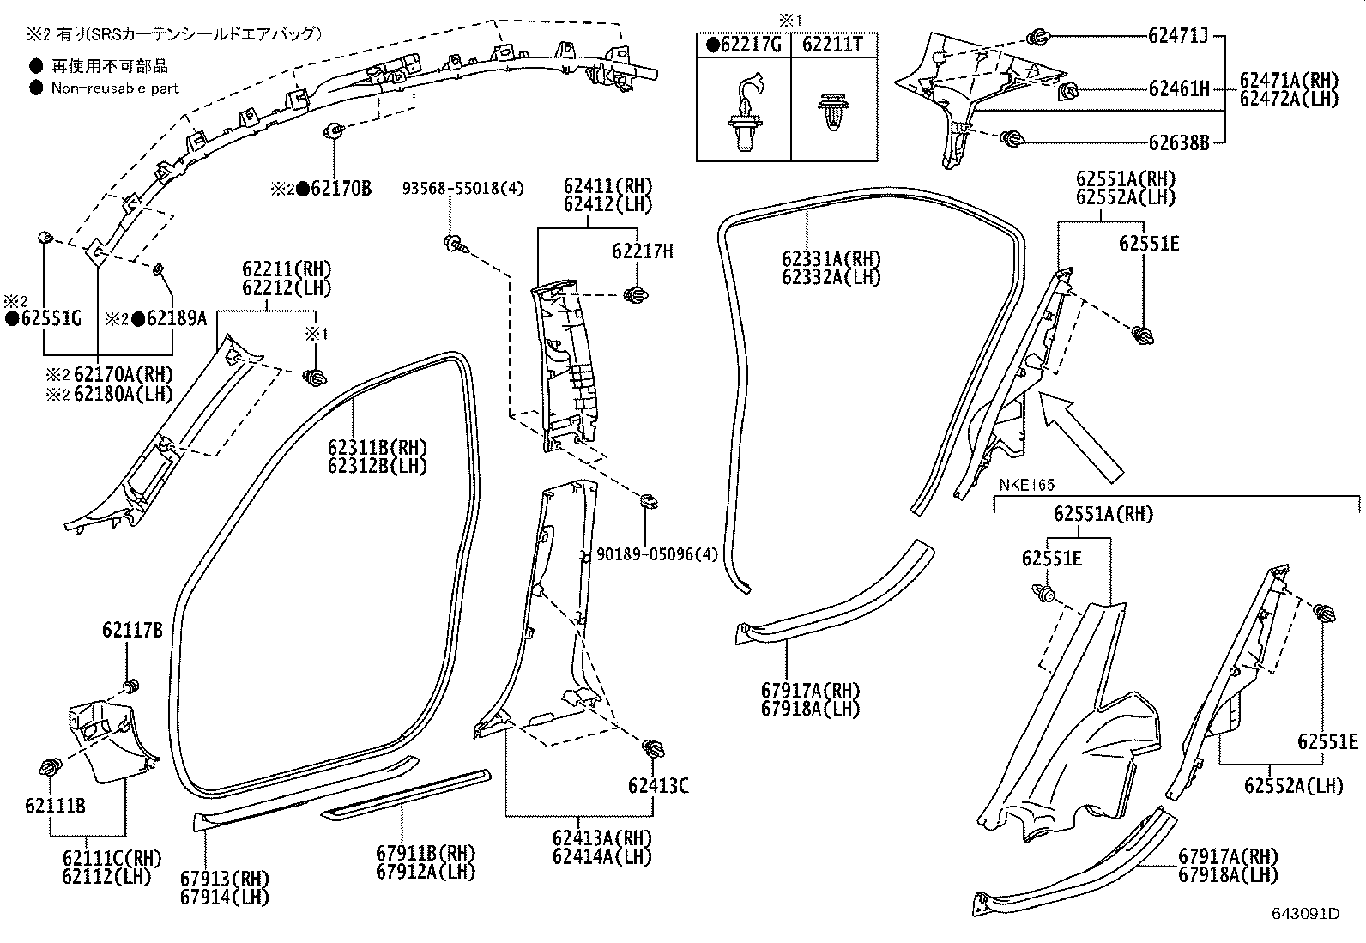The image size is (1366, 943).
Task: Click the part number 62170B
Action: click(341, 189)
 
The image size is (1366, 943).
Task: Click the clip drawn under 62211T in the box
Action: click(833, 112)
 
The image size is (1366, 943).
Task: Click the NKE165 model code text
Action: click(1026, 486)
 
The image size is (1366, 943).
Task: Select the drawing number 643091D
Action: click(1305, 913)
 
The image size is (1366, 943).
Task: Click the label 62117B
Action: click(132, 631)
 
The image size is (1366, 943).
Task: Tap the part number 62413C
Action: click(658, 786)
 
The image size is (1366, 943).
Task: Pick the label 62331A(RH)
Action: click(831, 258)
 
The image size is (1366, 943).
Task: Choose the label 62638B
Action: click(1178, 142)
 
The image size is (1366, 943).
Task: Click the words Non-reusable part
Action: click(115, 88)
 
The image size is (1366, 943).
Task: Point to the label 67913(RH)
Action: click(225, 879)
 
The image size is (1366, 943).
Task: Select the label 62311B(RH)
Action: click(377, 448)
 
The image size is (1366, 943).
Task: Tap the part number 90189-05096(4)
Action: click(657, 554)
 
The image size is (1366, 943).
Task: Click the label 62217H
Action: click(642, 251)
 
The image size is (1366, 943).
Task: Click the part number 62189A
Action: click(176, 319)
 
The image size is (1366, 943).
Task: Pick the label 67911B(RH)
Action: click(425, 853)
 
